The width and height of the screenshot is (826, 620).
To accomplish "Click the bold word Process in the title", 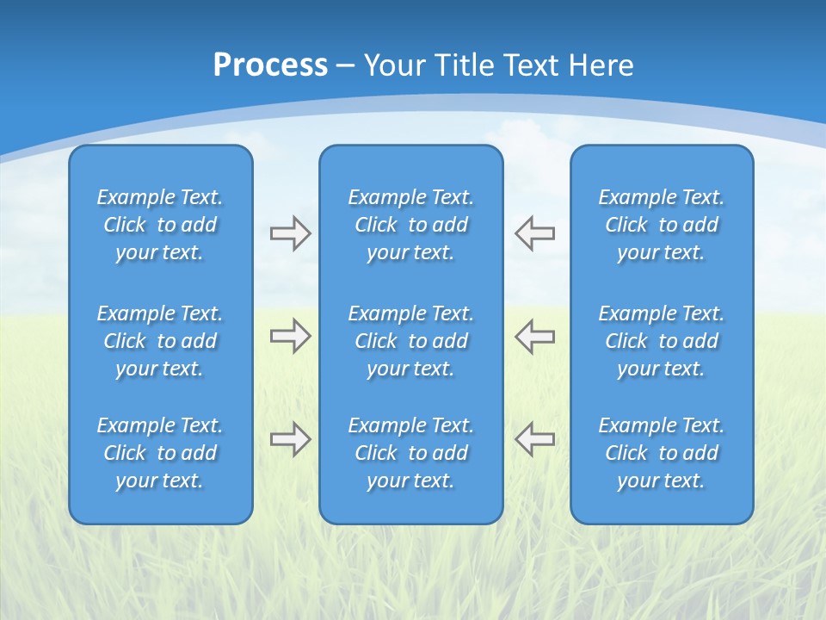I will (x=270, y=65).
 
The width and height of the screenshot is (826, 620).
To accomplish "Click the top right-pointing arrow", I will (x=290, y=233).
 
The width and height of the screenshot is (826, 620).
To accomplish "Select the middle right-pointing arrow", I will (x=290, y=336).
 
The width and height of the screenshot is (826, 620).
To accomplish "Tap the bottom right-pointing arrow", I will (x=290, y=439).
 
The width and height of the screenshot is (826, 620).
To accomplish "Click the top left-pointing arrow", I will (x=535, y=233).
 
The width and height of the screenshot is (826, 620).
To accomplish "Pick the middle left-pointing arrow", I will (x=535, y=336).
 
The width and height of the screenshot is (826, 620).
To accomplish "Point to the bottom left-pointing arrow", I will (x=535, y=439).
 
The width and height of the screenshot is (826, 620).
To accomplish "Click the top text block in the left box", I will (x=160, y=225).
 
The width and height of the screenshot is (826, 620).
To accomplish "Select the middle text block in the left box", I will (x=160, y=341).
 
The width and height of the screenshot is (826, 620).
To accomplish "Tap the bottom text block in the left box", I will (x=160, y=453).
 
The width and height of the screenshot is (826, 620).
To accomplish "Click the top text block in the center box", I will (x=410, y=225).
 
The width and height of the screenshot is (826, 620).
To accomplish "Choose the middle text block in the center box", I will (x=410, y=341).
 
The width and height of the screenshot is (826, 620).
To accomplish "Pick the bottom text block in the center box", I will (x=410, y=453).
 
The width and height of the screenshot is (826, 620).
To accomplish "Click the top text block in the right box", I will (x=661, y=225).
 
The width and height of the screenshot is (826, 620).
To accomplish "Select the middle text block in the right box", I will (x=661, y=341).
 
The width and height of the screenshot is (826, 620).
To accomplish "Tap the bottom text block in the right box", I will (x=661, y=453).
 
